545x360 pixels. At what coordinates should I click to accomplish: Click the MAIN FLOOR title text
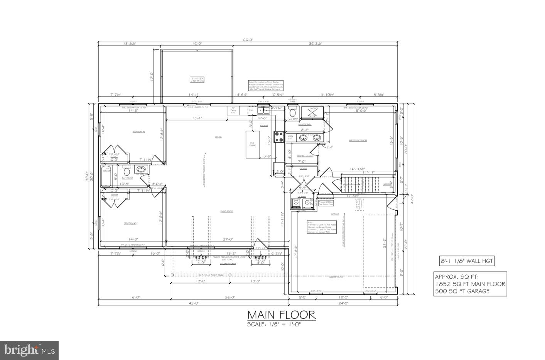pyautogui.click(x=281, y=315)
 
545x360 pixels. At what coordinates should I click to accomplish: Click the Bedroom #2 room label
pyautogui.click(x=138, y=132)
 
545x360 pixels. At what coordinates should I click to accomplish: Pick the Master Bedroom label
pyautogui.click(x=358, y=140)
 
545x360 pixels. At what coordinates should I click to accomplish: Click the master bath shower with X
pyautogui.click(x=312, y=112)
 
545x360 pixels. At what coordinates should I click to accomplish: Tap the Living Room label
pyautogui.click(x=226, y=211)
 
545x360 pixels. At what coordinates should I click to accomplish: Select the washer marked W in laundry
pyautogui.click(x=296, y=202)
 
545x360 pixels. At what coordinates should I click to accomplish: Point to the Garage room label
pyautogui.click(x=334, y=214)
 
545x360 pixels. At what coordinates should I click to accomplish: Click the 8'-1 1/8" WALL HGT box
pyautogui.click(x=466, y=261)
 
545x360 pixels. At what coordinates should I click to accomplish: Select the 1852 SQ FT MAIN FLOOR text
pyautogui.click(x=470, y=284)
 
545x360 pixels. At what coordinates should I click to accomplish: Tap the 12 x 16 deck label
pyautogui.click(x=197, y=79)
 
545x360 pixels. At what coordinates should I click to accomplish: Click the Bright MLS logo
pyautogui.click(x=29, y=350)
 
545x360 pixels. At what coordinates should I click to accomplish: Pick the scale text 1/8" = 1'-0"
pyautogui.click(x=273, y=325)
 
